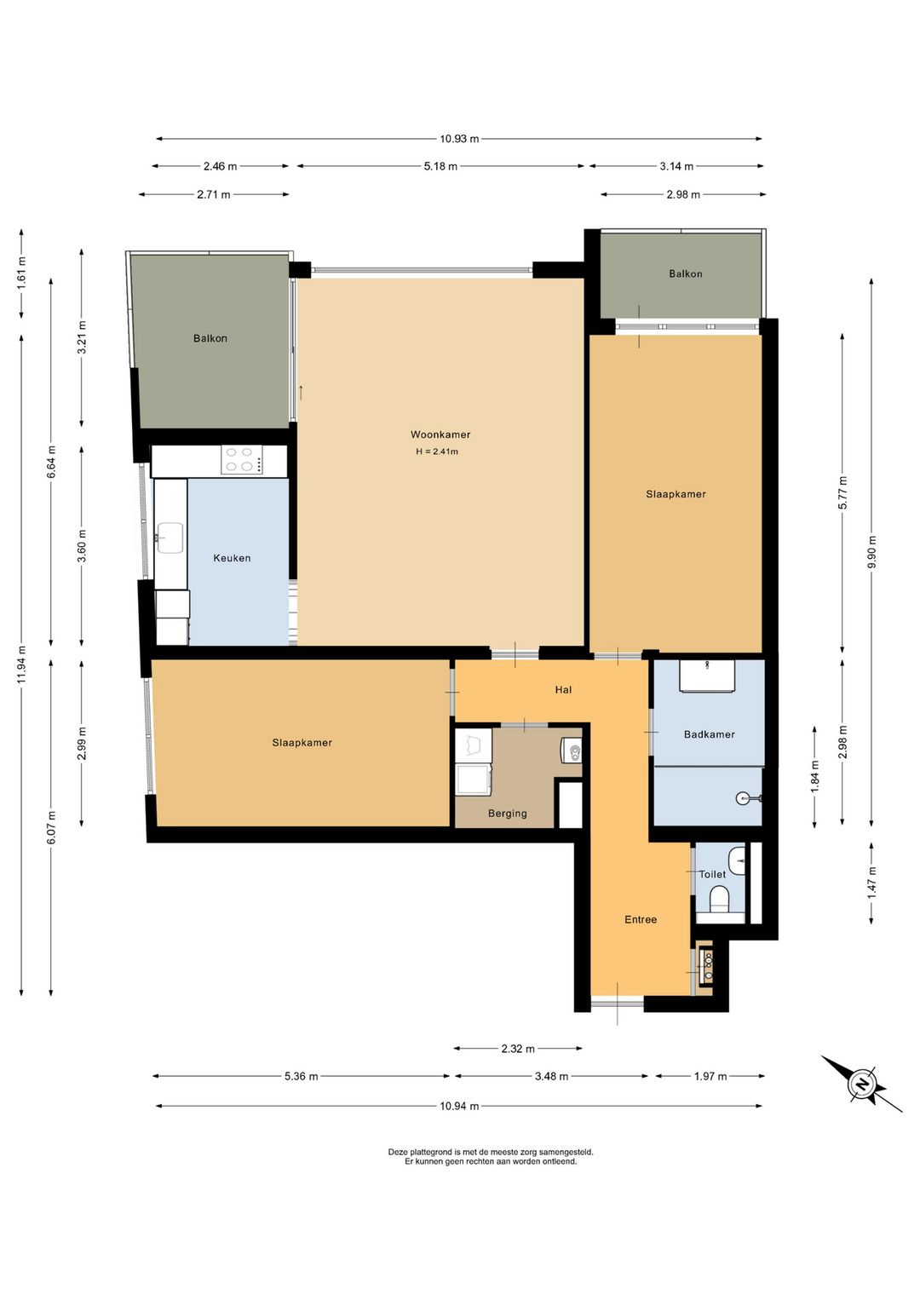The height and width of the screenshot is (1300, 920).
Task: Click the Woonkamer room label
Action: coord(440,434)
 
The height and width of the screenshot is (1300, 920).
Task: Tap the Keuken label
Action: coord(233,558)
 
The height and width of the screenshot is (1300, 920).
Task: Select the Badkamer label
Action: coord(710,734)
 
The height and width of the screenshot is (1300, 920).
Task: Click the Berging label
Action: coord(508,814)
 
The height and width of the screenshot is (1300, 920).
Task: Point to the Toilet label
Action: coord(712,874)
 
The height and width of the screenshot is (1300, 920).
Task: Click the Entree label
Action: coord(641,919)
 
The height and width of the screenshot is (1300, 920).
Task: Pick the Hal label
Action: coord(563,689)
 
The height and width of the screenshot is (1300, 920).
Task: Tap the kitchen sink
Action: coord(170,537)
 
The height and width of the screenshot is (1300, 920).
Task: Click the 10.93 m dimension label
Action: coord(459,139)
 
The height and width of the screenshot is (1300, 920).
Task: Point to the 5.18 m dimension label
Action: coord(440,167)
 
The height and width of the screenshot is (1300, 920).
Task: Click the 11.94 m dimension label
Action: coord(21,665)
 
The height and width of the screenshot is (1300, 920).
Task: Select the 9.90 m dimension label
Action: coord(871,552)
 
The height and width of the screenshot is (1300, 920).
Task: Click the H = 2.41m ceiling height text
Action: coord(437,452)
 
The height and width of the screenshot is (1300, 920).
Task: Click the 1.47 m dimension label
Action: coord(871,883)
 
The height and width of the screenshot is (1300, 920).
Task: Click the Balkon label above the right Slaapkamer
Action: coord(686,274)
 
